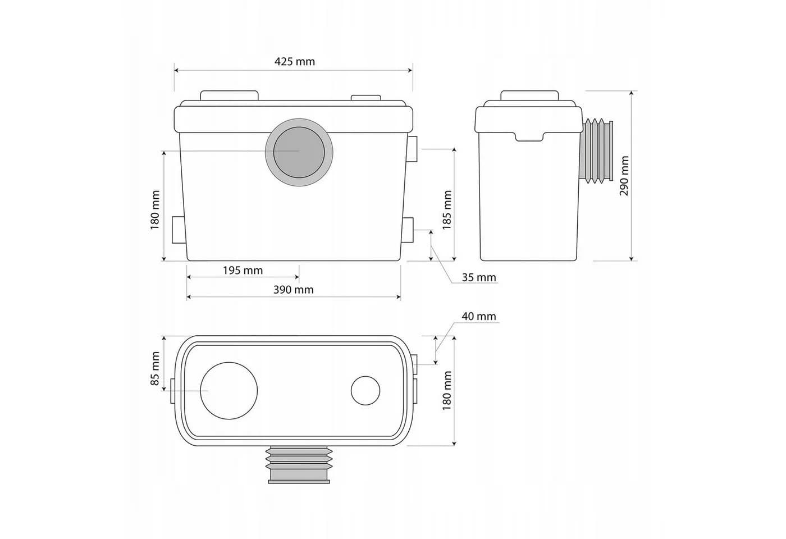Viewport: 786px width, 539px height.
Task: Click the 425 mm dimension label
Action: point(294,62)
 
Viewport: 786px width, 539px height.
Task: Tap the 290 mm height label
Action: point(624,176)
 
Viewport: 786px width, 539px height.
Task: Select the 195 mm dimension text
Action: point(243,271)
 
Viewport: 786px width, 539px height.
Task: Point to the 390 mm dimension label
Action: point(293,290)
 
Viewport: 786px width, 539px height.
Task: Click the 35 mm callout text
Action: point(478,277)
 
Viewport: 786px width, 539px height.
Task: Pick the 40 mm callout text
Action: point(478,316)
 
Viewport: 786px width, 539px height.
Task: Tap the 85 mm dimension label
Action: point(155,368)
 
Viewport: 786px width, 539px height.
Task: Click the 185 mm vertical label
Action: point(447,210)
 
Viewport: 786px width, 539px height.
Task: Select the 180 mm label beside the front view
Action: point(155,210)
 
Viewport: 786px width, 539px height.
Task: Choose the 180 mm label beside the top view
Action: point(447,391)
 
